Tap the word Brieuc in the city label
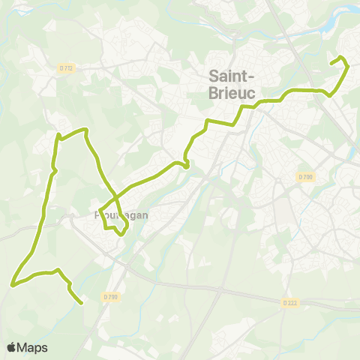click(x=231, y=92)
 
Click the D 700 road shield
click(x=304, y=177)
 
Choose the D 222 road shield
click(x=291, y=302)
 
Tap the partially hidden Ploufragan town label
click(x=124, y=214)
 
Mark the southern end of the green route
click(x=80, y=303)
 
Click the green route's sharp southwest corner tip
click(x=12, y=284)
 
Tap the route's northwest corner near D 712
click(x=58, y=135)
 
